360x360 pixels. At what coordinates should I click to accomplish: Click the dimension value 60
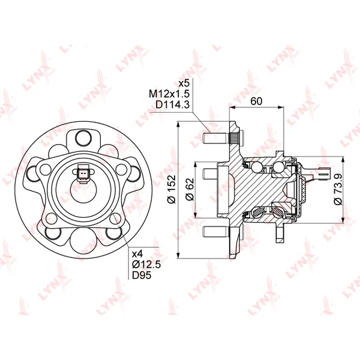256,101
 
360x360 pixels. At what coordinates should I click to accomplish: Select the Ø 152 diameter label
172,189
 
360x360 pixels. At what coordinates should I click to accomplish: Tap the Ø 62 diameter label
190,189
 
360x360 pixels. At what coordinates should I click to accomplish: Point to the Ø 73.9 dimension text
338,189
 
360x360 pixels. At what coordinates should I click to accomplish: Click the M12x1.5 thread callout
169,94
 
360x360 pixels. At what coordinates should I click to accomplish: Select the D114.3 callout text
172,104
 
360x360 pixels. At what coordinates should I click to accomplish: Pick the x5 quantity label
184,83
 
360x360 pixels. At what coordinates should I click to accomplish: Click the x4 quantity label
137,254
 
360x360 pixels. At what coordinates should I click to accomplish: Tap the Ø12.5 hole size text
146,265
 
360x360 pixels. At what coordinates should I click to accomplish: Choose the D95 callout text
142,275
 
